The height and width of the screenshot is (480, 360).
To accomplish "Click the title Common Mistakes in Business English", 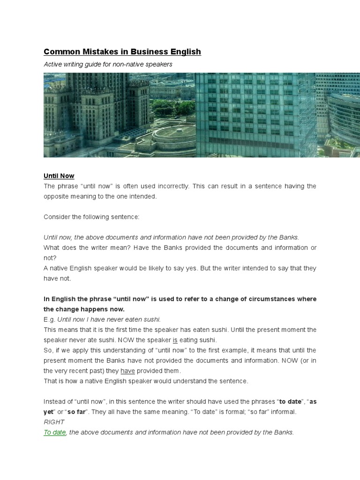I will point(122,52).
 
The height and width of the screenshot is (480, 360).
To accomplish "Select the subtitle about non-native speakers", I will point(108,64).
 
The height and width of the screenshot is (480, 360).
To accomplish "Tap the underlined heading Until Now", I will point(59,176).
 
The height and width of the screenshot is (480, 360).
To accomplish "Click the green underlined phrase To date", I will point(55,432).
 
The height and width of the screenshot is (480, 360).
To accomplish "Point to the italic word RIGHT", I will point(54,422).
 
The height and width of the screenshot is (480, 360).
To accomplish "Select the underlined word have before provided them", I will point(127,371).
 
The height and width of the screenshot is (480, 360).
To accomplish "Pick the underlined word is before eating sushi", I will point(175,340).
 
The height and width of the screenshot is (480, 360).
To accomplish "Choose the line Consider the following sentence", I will point(91,217).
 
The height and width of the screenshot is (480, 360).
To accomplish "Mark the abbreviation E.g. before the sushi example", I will point(50,319).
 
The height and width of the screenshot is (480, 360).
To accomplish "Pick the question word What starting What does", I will point(52,247).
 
